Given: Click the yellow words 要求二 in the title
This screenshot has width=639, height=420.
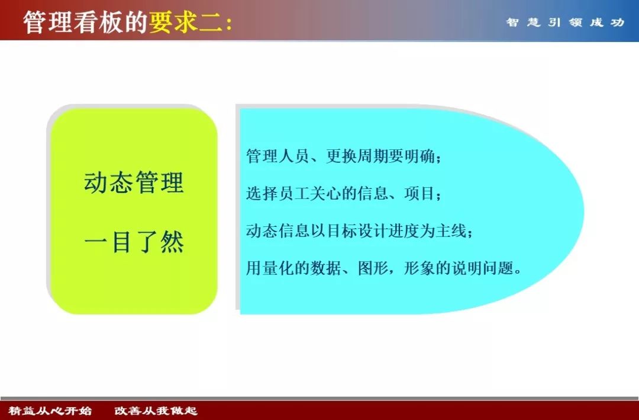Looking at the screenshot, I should click(184, 22).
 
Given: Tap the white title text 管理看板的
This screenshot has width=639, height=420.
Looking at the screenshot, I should click(86, 22).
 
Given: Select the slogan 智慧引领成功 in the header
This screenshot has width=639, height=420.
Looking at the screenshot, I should click(565, 23).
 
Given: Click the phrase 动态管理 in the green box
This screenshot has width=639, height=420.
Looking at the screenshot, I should click(134, 182).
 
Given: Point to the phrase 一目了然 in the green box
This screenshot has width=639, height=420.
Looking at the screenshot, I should click(134, 242).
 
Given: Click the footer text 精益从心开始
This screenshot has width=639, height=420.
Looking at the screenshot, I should click(50, 411).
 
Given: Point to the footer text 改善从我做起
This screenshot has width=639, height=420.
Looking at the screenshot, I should click(156, 411).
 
